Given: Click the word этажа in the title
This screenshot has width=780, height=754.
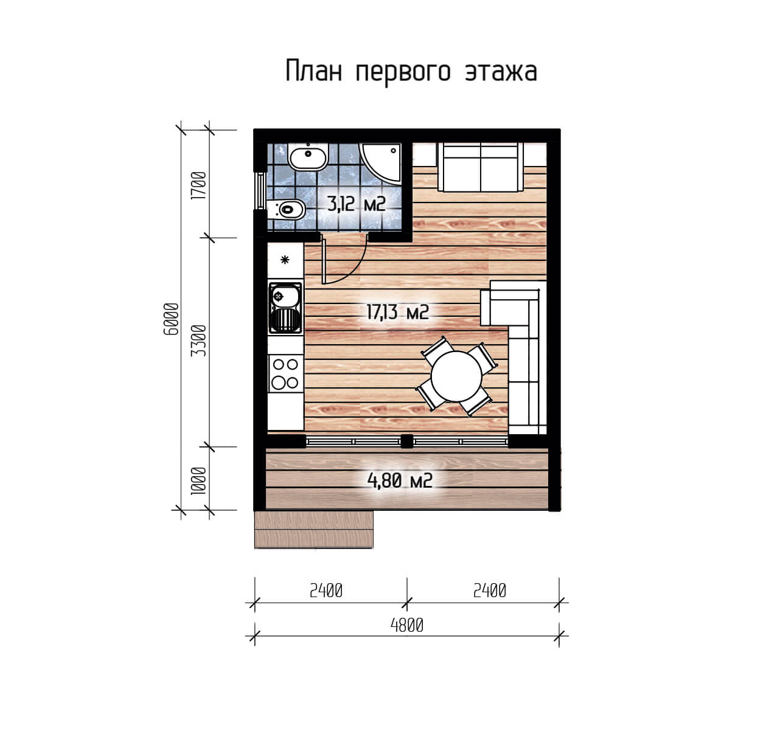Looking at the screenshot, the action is tap(501, 72).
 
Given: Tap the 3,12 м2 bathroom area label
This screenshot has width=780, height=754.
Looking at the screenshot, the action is tap(356, 204).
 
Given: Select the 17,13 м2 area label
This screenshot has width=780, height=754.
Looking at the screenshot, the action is tap(398, 312).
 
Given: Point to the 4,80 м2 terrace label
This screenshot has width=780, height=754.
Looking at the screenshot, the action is tap(400, 480).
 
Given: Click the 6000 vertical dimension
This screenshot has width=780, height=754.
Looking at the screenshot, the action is tap(171, 319).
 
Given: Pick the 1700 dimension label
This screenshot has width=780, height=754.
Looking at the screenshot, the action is tap(199, 185).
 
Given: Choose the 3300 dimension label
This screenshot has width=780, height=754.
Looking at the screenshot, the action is tap(199, 341).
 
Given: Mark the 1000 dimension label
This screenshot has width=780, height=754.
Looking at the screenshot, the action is tap(199, 481).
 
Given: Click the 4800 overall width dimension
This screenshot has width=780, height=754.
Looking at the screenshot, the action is tap(407, 626).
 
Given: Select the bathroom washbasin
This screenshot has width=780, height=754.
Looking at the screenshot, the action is tap(308, 157).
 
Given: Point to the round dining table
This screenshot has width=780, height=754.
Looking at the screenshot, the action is tap(456, 376).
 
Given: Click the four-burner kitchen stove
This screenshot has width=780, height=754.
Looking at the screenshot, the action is tap(285, 373).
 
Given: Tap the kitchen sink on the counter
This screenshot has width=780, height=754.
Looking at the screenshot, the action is tap(285, 308).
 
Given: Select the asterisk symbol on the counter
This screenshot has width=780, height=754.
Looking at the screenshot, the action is tap(285, 260).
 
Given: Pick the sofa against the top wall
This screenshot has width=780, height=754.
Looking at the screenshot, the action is tap(481, 167).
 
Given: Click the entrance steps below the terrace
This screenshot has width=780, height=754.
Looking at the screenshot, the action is tap(314, 529).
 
